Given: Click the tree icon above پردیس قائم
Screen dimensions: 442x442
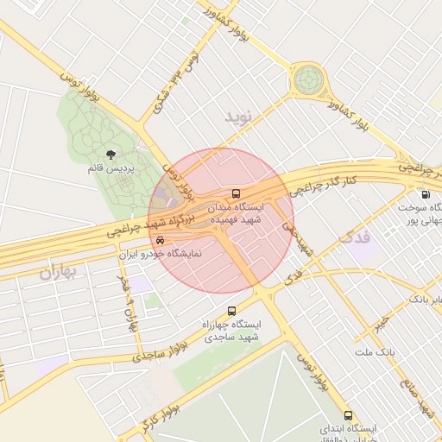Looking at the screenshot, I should tap(110, 154).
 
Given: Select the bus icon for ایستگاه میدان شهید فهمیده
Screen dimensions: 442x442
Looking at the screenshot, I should tap(237, 193).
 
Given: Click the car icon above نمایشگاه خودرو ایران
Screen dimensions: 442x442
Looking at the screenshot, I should tap(160, 241).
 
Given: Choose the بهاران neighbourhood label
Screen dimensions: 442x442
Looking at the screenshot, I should tap(58, 273).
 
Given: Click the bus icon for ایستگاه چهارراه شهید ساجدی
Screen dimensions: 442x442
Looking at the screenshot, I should tap(231, 311).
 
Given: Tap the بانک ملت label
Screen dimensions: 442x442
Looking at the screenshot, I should tap(374, 352).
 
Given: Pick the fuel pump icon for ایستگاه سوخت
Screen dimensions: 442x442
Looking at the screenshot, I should tap(424, 195).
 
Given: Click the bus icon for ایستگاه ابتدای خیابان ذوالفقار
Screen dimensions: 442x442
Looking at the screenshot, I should tap(349, 415).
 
